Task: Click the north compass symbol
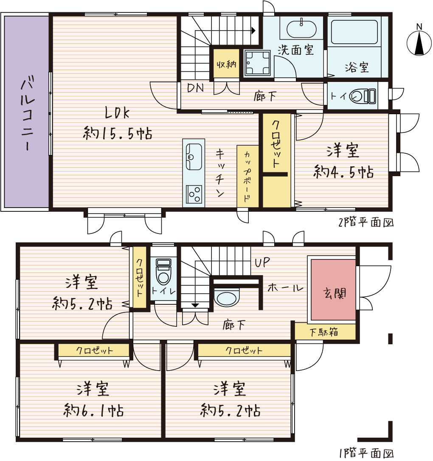pyautogui.click(x=419, y=42)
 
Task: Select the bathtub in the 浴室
pyautogui.click(x=354, y=32)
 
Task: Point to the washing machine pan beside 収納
pyautogui.click(x=257, y=63)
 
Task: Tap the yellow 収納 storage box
pyautogui.click(x=226, y=64)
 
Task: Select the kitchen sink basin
pyautogui.click(x=194, y=157)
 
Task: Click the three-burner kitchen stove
pyautogui.click(x=194, y=194)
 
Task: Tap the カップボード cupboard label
pyautogui.click(x=247, y=177)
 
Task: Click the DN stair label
pyautogui.click(x=195, y=87)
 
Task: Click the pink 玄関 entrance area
pyautogui.click(x=333, y=290)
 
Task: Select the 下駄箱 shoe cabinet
pyautogui.click(x=325, y=332)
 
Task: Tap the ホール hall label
pyautogui.click(x=285, y=287)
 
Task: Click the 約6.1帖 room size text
pyautogui.click(x=93, y=410)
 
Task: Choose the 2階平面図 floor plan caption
pyautogui.click(x=366, y=222)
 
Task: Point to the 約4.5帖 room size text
pyautogui.click(x=343, y=171)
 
